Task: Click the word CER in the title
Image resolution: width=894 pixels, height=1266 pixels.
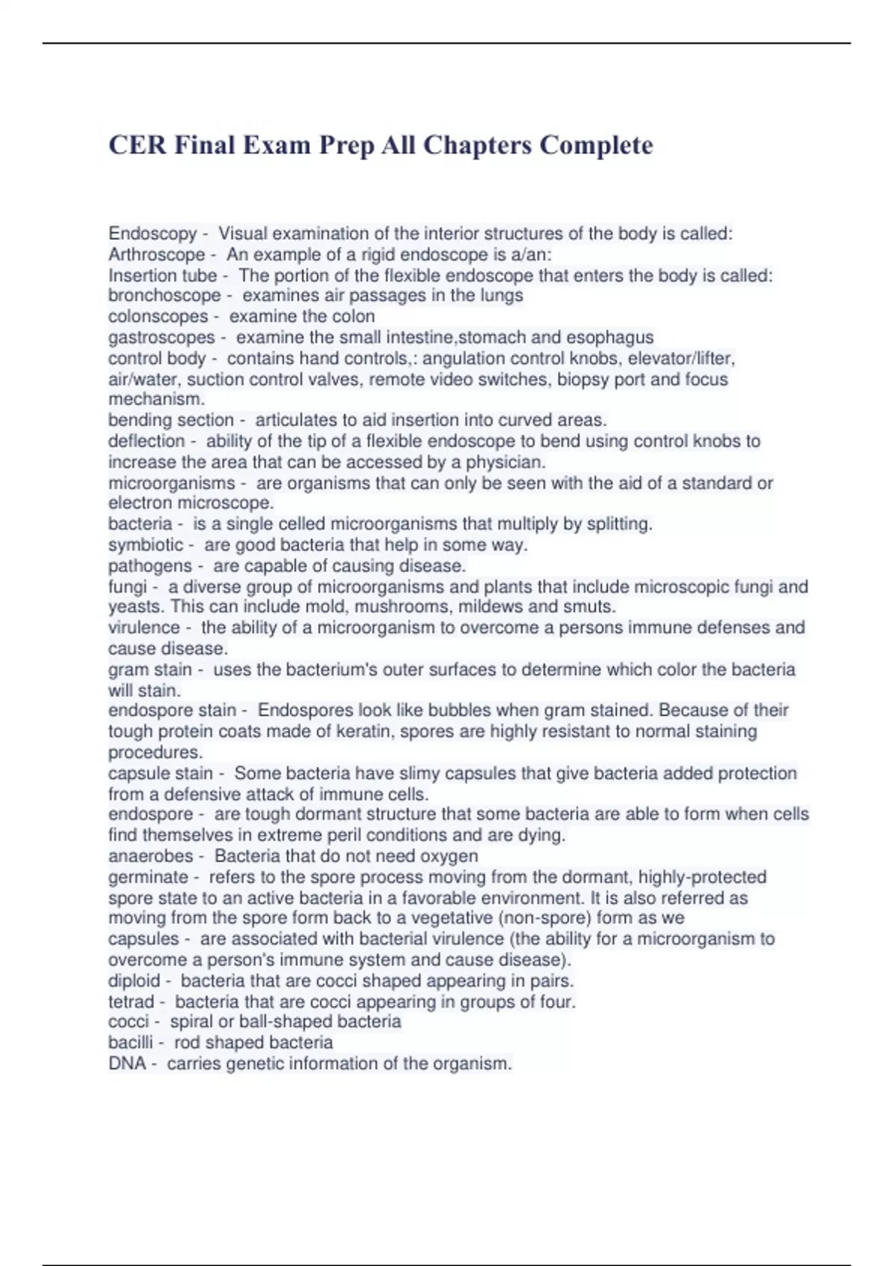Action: click(x=137, y=144)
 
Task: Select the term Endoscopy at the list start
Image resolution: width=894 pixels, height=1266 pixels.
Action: click(x=152, y=234)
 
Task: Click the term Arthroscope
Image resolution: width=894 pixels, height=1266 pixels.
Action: click(x=156, y=255)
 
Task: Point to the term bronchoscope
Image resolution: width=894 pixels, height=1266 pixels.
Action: click(x=164, y=296)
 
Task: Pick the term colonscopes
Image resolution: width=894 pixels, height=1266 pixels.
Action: click(x=158, y=316)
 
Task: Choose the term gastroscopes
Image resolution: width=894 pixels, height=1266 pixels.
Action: click(x=161, y=337)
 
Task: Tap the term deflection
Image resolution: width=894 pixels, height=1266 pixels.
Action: click(x=146, y=441)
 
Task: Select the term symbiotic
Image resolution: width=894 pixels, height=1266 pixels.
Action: click(x=145, y=545)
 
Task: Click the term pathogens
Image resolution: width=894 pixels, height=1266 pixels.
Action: click(x=150, y=566)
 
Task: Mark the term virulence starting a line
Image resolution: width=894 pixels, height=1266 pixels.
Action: click(x=144, y=628)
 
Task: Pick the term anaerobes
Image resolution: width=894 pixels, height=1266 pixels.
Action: click(x=150, y=856)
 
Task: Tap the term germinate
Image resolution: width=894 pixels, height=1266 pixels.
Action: click(x=148, y=877)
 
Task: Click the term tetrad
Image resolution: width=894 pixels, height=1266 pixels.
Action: click(x=131, y=1002)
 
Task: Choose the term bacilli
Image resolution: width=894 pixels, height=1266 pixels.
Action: click(x=130, y=1043)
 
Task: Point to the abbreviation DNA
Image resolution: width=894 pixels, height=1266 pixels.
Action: click(x=127, y=1063)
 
